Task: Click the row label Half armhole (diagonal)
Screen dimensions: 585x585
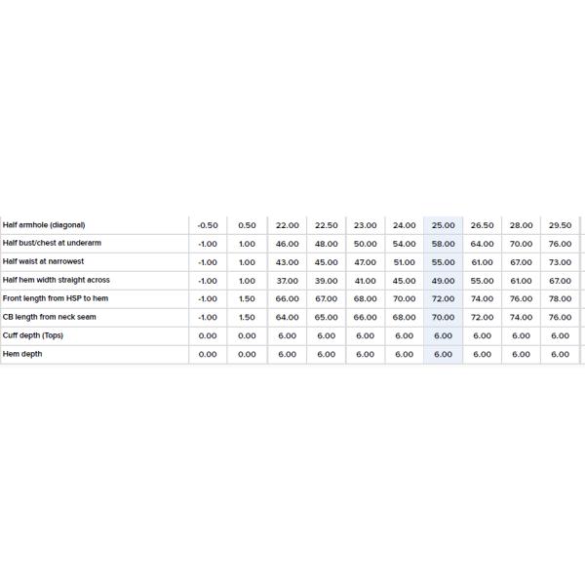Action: [x=43, y=225]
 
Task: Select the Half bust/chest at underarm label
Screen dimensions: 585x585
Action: [x=51, y=244]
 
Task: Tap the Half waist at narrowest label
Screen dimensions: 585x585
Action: [x=43, y=262]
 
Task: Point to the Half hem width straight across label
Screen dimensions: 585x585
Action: [x=57, y=280]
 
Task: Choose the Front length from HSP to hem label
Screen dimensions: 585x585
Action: [x=56, y=298]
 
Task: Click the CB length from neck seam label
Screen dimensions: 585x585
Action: [x=50, y=317]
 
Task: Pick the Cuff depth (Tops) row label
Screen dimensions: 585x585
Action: [x=33, y=335]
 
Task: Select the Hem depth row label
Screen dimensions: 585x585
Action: [x=22, y=354]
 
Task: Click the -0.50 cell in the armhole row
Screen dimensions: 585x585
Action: [x=208, y=225]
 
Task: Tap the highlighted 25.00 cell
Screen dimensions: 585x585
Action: [x=443, y=225]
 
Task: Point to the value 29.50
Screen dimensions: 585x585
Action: [x=560, y=225]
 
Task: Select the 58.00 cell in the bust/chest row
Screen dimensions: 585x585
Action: [x=443, y=244]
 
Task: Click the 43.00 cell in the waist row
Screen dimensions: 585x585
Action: [x=287, y=262]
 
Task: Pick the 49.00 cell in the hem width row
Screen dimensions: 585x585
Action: [x=443, y=280]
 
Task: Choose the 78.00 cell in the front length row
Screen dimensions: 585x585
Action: [x=560, y=298]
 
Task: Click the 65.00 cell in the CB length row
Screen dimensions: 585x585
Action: [x=326, y=317]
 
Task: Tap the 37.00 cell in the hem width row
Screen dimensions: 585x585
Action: [x=287, y=280]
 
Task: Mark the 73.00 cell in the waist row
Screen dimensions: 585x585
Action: [x=560, y=262]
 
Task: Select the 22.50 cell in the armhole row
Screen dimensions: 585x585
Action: [x=326, y=225]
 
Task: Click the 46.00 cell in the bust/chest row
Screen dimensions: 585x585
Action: [x=287, y=244]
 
